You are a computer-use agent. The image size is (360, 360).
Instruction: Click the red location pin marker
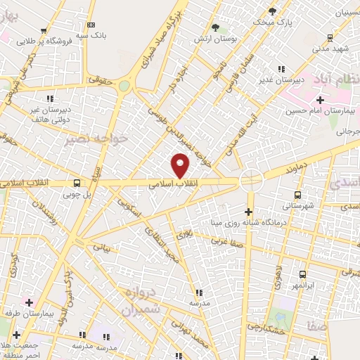(181, 166)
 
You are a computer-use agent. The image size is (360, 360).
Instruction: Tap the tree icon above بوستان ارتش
(215, 27)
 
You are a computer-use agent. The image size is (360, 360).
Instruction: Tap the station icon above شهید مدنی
(330, 38)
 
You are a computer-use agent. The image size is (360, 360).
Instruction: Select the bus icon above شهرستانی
(297, 195)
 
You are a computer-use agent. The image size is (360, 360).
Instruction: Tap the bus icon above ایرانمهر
(302, 275)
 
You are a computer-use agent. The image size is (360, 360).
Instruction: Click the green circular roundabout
(124, 86)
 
